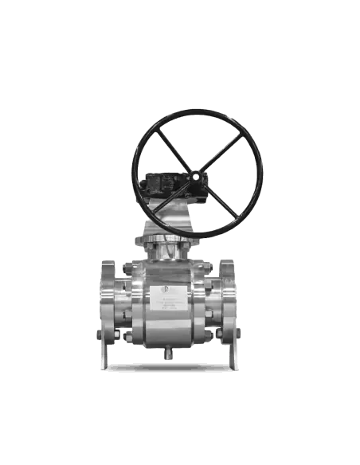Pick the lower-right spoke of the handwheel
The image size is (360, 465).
[226, 202]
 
